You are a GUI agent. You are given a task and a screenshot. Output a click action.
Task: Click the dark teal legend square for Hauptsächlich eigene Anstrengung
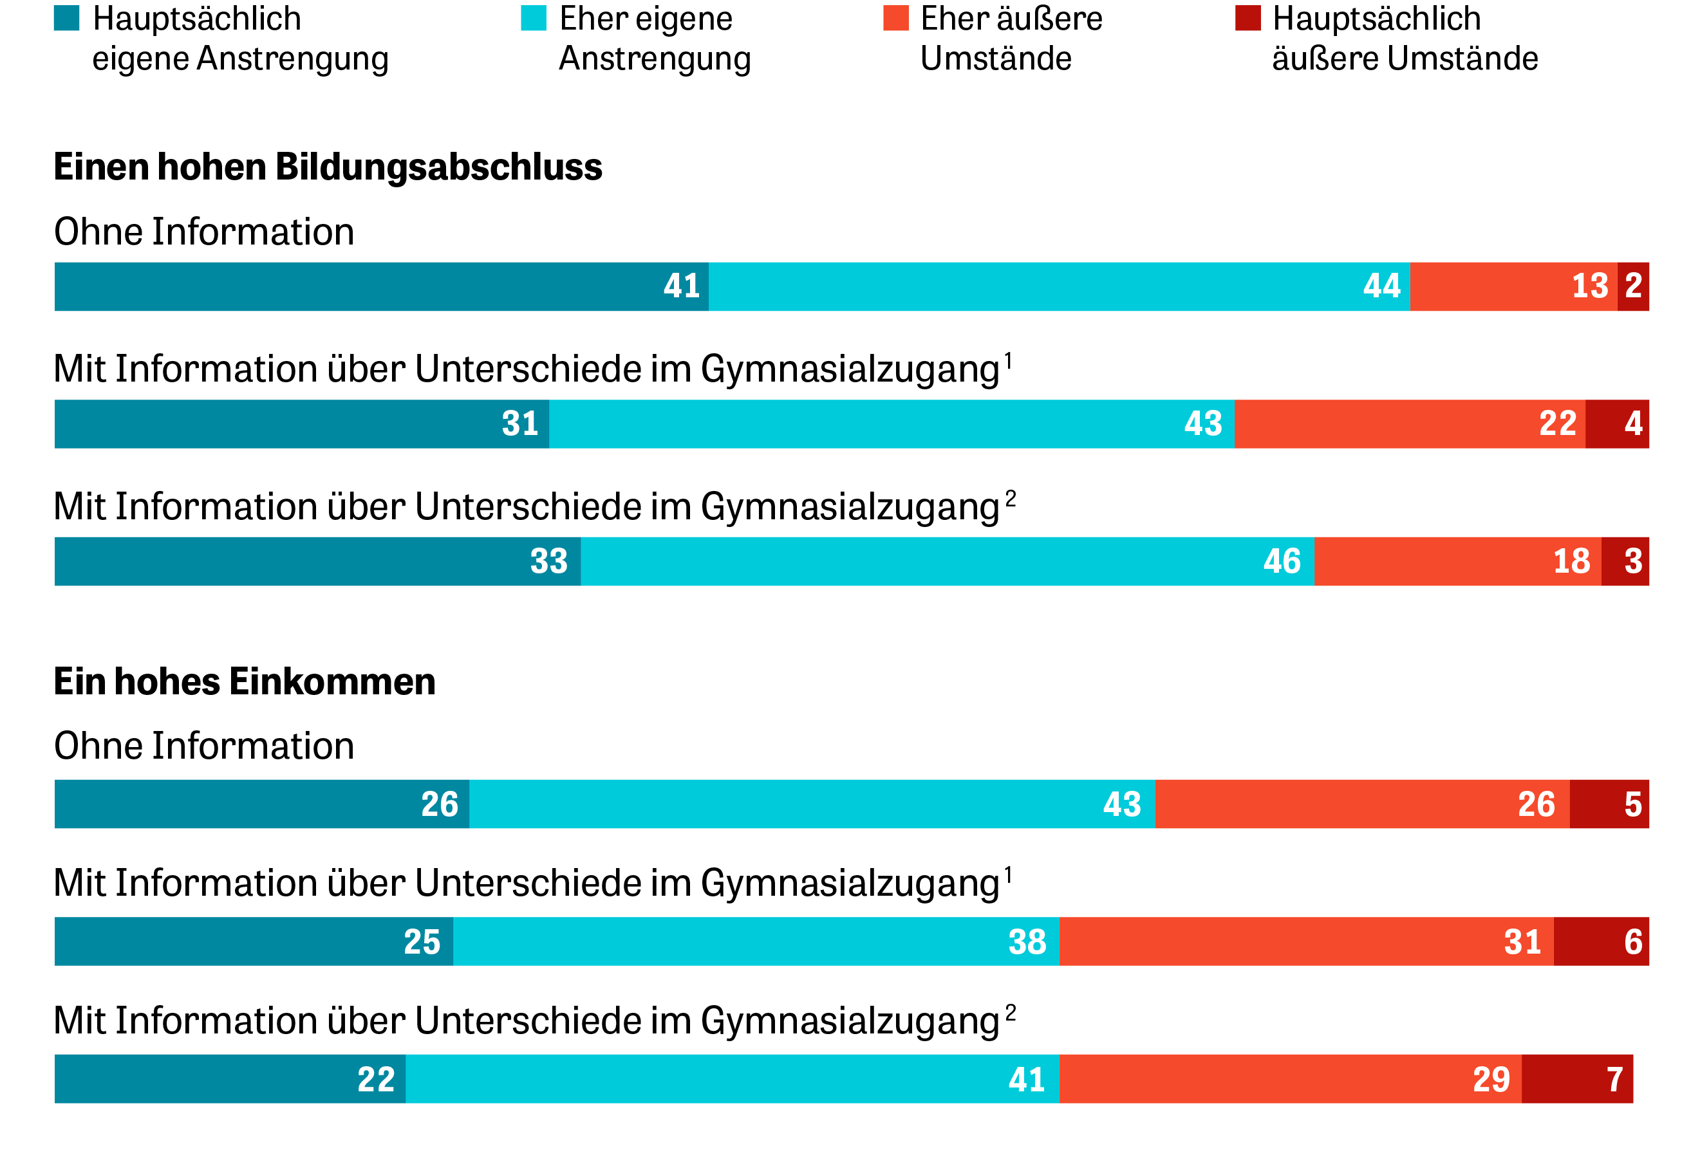point(66,17)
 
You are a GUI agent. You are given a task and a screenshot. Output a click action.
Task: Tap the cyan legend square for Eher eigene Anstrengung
point(533,17)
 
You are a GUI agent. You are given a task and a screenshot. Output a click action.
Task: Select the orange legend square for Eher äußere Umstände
point(895,17)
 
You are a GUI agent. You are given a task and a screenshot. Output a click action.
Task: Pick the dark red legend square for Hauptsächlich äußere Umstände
point(1247,17)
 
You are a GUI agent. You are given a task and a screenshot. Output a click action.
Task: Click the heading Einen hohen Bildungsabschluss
point(328,167)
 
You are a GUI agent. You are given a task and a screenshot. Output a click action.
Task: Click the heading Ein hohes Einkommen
point(245,681)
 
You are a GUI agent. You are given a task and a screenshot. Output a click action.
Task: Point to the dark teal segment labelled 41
point(380,286)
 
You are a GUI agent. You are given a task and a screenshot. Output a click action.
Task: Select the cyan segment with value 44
point(1059,286)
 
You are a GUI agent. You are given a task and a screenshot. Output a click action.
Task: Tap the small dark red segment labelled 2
point(1632,286)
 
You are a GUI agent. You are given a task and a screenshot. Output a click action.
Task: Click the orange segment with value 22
point(1409,424)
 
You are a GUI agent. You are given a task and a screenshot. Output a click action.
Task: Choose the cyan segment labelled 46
point(947,562)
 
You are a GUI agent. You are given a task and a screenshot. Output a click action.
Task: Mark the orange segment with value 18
point(1457,562)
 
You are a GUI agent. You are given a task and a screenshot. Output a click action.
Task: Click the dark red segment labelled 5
point(1609,804)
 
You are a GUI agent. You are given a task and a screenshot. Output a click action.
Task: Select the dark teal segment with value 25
point(253,941)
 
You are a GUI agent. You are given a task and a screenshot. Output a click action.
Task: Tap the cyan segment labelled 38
point(756,941)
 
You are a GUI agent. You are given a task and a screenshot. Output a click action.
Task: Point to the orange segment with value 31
point(1306,941)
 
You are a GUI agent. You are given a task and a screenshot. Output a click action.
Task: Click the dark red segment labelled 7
point(1577,1079)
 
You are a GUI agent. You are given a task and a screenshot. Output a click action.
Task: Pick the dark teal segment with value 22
point(230,1079)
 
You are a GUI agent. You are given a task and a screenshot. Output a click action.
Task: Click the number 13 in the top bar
point(1589,286)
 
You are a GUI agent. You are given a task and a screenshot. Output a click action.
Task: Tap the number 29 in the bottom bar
point(1491,1080)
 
